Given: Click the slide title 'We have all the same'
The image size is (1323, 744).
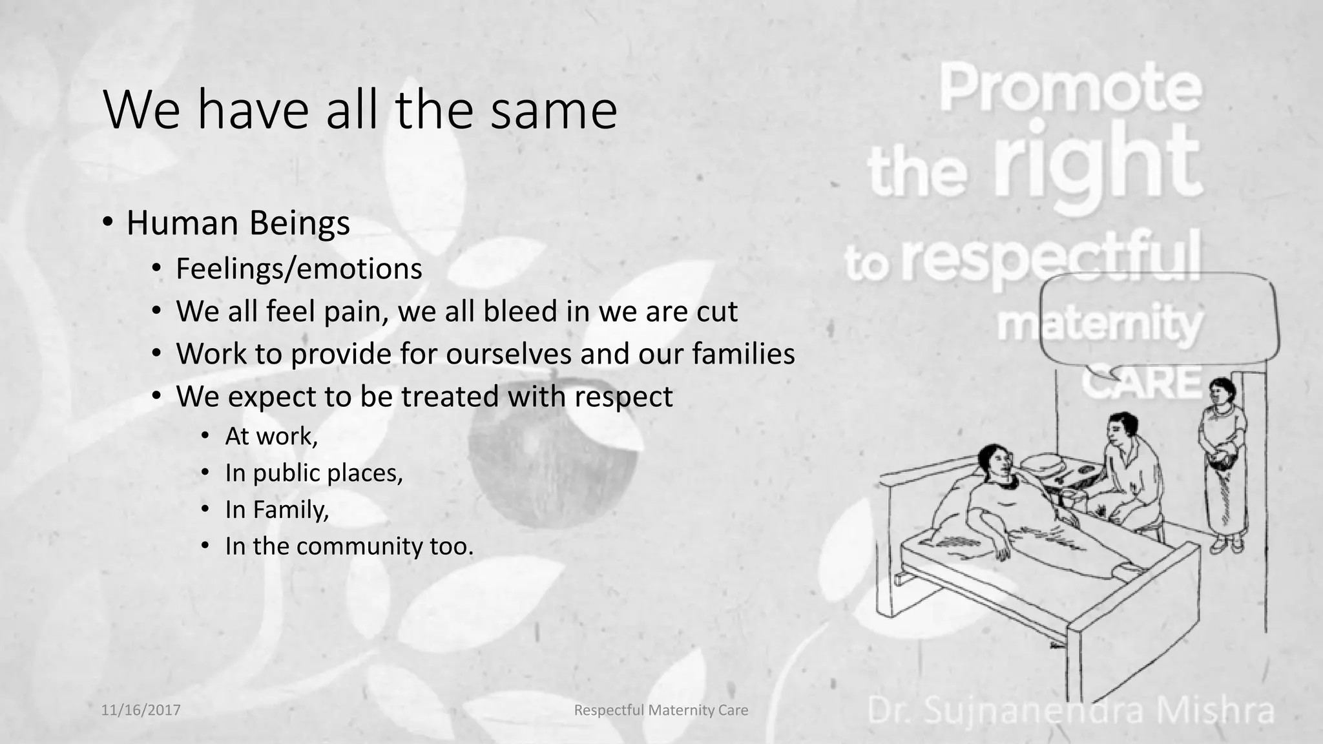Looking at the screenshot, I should [x=360, y=110].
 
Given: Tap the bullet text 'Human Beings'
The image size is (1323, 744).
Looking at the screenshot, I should [x=238, y=223].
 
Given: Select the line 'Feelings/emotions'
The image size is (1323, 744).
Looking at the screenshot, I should [x=298, y=269].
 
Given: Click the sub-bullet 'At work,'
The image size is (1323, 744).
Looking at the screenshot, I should [x=271, y=437].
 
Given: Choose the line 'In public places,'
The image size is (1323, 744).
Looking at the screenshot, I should [x=314, y=473].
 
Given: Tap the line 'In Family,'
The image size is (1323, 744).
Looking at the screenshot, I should [x=277, y=510].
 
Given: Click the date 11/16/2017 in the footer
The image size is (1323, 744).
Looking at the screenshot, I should [x=141, y=710].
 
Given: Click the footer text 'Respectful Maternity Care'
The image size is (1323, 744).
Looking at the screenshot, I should [x=661, y=710].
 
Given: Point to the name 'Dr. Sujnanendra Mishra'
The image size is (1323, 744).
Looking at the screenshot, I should [x=1070, y=710].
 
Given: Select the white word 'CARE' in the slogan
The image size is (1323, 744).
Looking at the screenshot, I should [x=1141, y=382].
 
